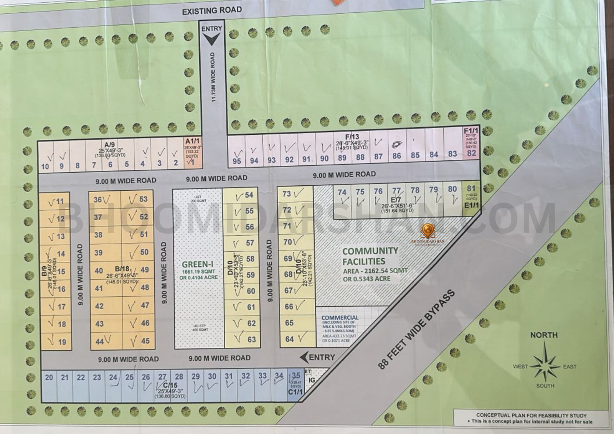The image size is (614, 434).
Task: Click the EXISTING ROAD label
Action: pos(212,10)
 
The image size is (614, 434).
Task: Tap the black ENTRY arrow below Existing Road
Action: pos(211,38)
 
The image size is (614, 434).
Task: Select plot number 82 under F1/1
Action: pos(471,153)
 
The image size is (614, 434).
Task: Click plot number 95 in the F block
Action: pos(237,161)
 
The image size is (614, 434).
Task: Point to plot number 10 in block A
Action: pos(45,166)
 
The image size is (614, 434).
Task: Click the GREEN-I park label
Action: pos(198,264)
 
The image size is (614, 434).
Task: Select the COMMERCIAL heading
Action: pos(340,318)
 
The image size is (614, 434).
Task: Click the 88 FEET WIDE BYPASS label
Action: pos(416,329)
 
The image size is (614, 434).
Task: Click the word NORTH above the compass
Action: pos(544,335)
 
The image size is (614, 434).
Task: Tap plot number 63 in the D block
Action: pos(251,340)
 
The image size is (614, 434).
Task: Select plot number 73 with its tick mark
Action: pos(287,194)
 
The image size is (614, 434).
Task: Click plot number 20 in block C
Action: pos(49,377)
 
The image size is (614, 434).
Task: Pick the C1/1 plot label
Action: pos(295,392)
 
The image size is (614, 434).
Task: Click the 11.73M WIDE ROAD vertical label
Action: pos(213,77)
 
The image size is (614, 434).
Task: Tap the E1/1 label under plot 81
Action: pos(471,205)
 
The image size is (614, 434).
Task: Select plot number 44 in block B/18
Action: pos(100,341)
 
